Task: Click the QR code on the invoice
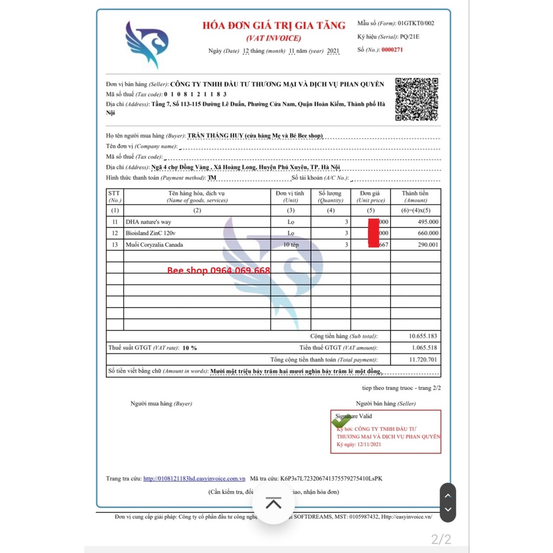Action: click(416, 99)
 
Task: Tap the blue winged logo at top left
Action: click(146, 44)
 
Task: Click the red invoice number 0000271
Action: click(392, 50)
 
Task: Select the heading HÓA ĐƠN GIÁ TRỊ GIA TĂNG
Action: click(274, 25)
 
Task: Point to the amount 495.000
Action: click(428, 222)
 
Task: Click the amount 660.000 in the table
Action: click(428, 233)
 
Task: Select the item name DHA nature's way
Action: click(148, 222)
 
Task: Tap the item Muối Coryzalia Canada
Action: click(154, 245)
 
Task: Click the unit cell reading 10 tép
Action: click(291, 245)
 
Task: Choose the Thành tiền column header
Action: click(415, 193)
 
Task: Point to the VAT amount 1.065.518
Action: click(424, 348)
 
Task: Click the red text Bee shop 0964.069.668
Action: click(219, 270)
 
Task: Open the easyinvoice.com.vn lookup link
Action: click(194, 478)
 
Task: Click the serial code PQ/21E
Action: click(409, 37)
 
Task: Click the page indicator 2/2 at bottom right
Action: click(441, 538)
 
